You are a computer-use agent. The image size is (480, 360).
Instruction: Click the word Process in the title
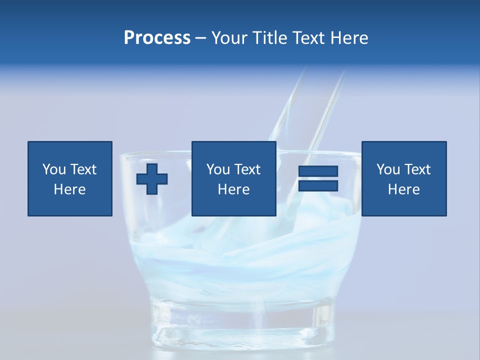pyautogui.click(x=157, y=38)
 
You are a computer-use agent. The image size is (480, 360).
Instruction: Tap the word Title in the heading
pyautogui.click(x=269, y=38)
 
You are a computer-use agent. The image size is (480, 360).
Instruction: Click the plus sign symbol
pyautogui.click(x=152, y=178)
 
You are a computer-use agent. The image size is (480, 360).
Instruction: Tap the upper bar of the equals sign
pyautogui.click(x=318, y=171)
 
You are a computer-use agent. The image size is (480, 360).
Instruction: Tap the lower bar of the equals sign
pyautogui.click(x=318, y=185)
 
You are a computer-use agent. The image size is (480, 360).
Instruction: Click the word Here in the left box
pyautogui.click(x=69, y=189)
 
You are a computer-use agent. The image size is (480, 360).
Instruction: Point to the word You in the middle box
pyautogui.click(x=218, y=169)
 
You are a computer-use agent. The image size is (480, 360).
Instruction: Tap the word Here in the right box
pyautogui.click(x=403, y=189)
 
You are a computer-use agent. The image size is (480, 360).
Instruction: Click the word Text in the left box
pyautogui.click(x=83, y=169)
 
